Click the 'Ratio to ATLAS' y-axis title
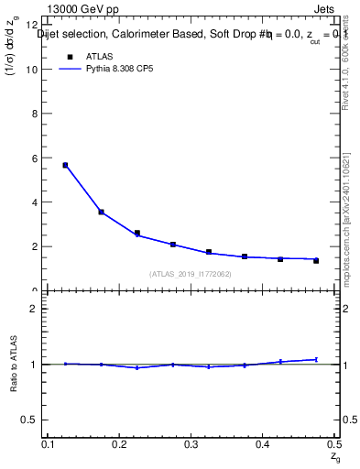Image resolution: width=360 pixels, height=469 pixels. pos(14,365)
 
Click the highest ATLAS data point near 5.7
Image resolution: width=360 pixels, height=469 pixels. pos(65,165)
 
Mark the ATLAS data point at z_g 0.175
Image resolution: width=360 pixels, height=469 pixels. pos(101,212)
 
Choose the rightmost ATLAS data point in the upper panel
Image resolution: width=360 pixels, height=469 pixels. pos(316,261)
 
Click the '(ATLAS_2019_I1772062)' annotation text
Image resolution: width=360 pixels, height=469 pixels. pos(191,274)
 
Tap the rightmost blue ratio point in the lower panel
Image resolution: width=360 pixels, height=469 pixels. pos(316,359)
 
